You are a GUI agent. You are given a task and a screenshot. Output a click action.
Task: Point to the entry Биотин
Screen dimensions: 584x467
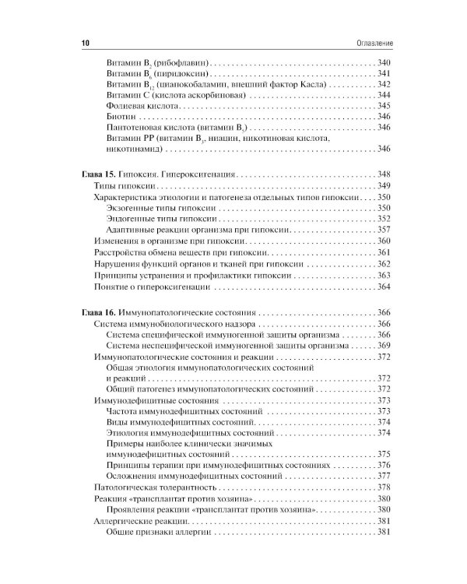point(118,116)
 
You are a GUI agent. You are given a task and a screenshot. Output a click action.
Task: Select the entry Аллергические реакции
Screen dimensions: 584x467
point(139,519)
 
